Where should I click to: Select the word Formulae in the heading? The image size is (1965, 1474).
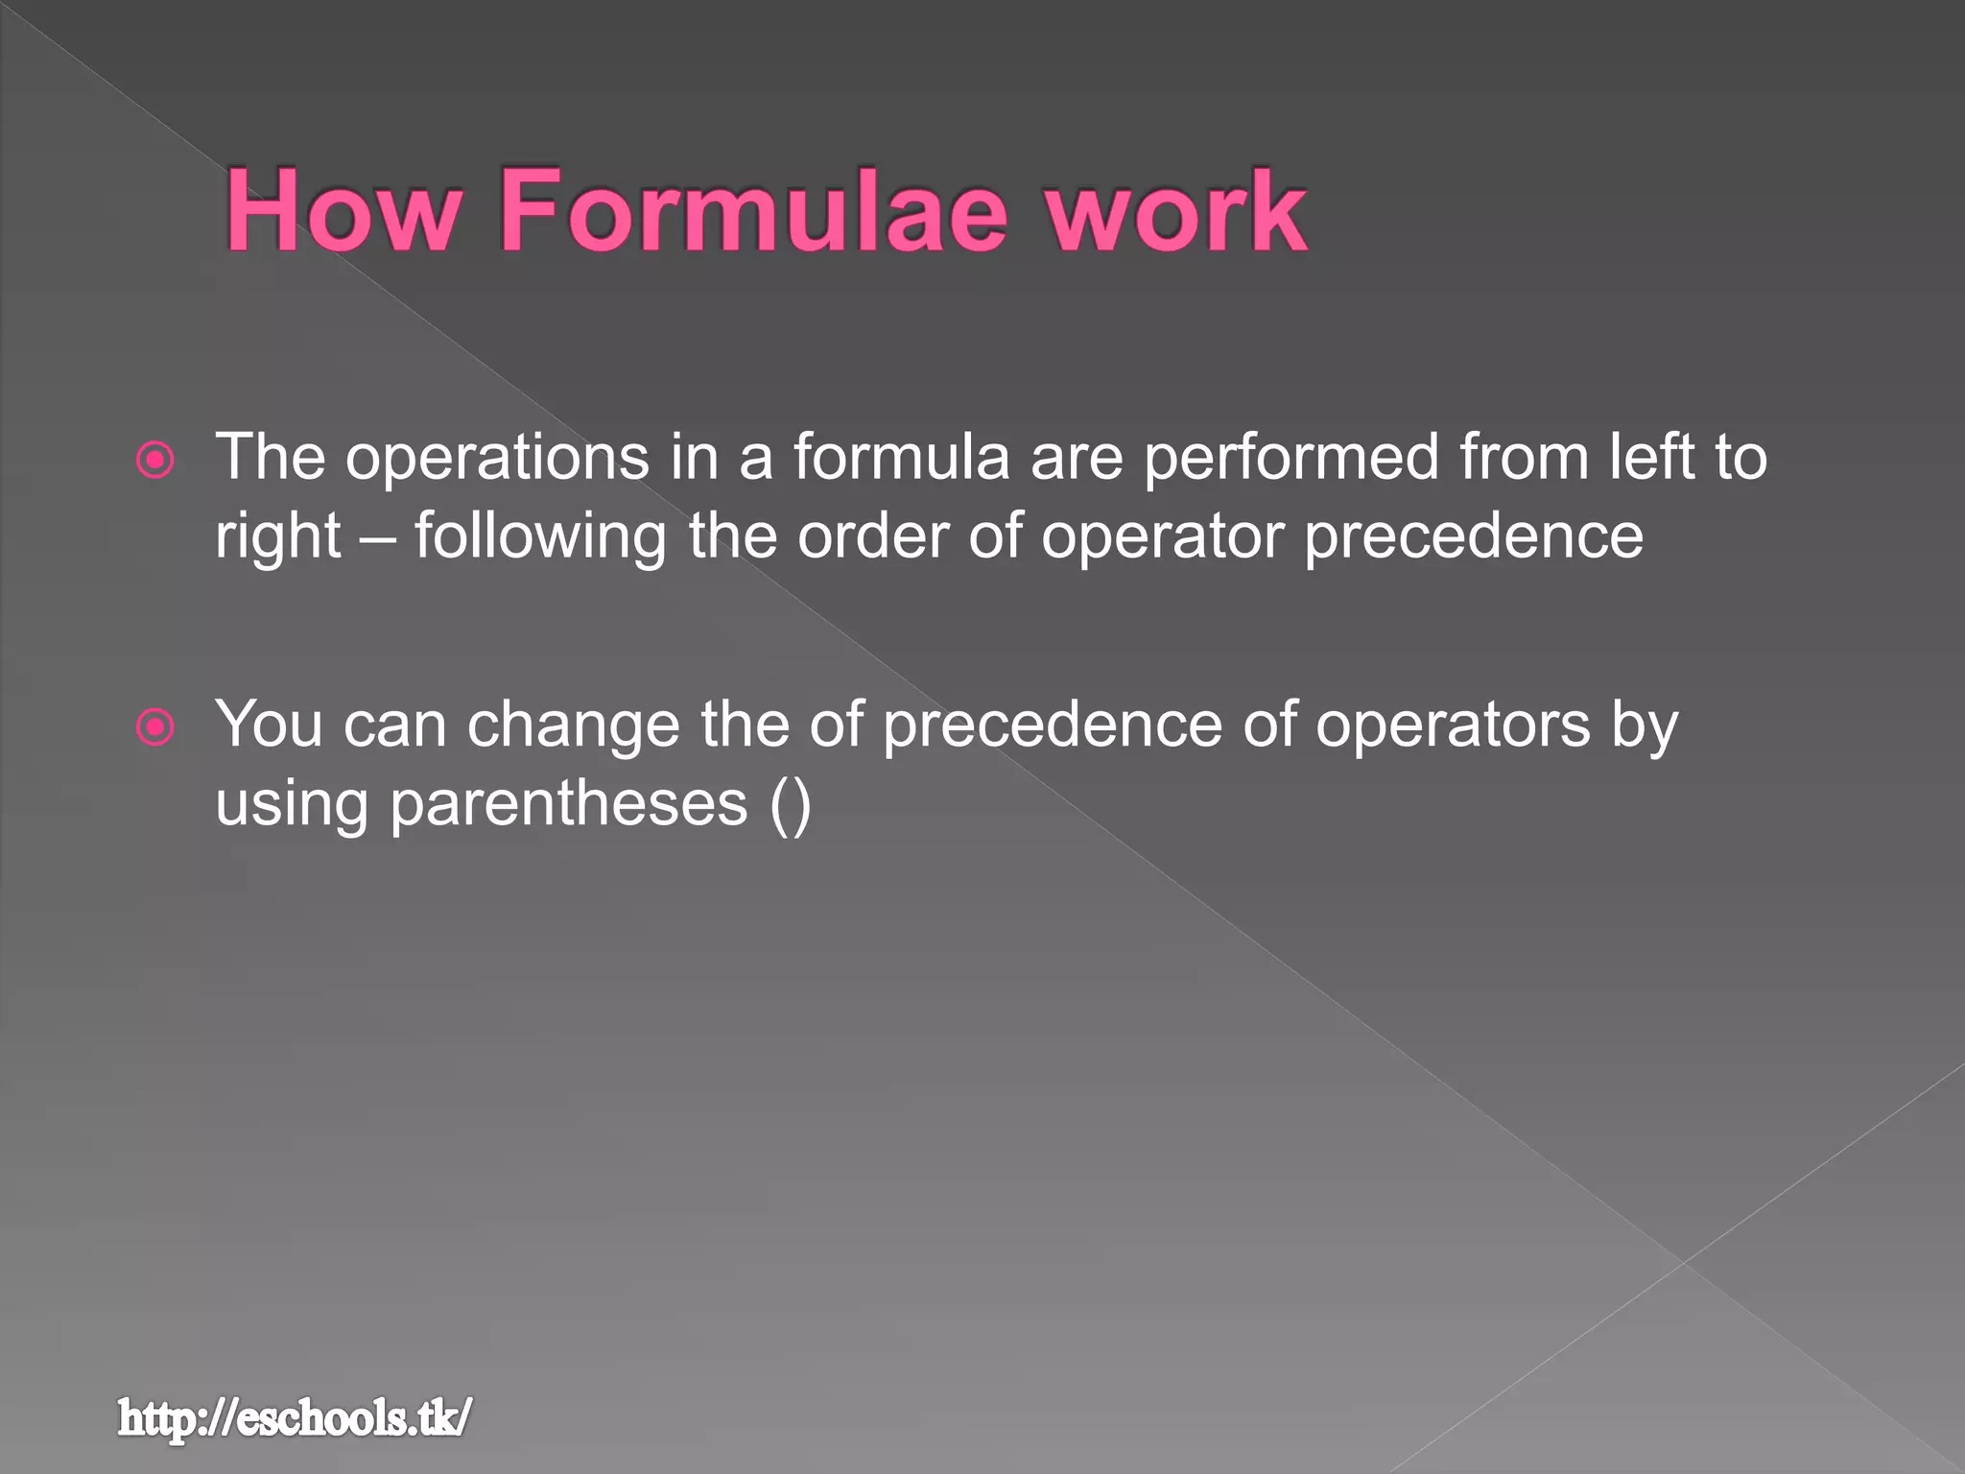[753, 211]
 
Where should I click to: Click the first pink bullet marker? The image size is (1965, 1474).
[155, 461]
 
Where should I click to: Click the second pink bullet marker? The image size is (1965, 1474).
[155, 727]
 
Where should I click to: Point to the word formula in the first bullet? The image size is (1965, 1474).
[901, 457]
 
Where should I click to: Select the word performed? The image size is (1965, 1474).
[1290, 457]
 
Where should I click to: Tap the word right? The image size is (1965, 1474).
[278, 537]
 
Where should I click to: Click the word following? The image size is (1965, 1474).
[540, 537]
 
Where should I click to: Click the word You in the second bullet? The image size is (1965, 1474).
[269, 724]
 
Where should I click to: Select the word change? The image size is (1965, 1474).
[574, 725]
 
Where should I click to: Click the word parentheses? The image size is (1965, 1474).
[568, 804]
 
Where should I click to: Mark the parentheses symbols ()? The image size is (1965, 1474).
[791, 804]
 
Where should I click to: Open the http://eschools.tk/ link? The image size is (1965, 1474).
[296, 1418]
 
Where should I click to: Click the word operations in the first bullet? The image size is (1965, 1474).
[497, 459]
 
